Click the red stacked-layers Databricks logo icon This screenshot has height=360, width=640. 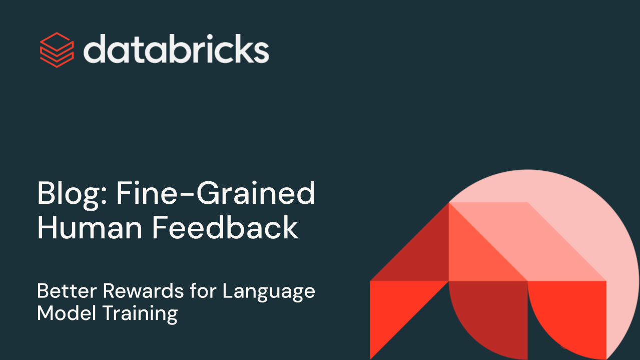click(x=57, y=49)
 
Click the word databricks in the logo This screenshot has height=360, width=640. click(x=176, y=49)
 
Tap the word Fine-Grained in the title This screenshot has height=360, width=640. click(x=216, y=194)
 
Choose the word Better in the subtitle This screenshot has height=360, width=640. click(x=67, y=291)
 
